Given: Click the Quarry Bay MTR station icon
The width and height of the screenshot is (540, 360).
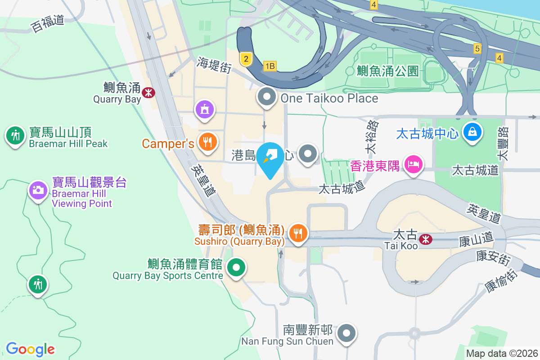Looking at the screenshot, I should click(148, 92).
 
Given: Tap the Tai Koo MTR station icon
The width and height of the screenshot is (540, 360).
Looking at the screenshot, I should click(425, 239).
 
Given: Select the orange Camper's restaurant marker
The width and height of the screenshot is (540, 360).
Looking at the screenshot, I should click(207, 142).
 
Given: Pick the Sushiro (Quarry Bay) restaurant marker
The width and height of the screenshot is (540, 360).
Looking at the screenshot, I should click(297, 233).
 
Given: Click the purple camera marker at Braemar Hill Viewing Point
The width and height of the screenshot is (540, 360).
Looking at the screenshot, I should click(38, 190).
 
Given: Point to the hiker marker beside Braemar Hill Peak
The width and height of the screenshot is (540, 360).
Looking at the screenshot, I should click(16, 135).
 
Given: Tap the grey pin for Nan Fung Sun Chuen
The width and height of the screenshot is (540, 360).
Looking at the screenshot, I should click(346, 333).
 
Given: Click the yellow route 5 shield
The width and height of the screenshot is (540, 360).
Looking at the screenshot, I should click(477, 48).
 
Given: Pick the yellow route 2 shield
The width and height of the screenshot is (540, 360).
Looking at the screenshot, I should click(245, 58).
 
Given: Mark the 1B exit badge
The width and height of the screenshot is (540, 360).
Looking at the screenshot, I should click(270, 67).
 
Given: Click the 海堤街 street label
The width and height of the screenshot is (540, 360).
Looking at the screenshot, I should click(214, 66).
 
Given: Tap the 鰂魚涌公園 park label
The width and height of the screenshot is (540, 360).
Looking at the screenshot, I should click(387, 71).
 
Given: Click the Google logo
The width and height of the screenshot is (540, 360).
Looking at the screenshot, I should click(30, 349).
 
